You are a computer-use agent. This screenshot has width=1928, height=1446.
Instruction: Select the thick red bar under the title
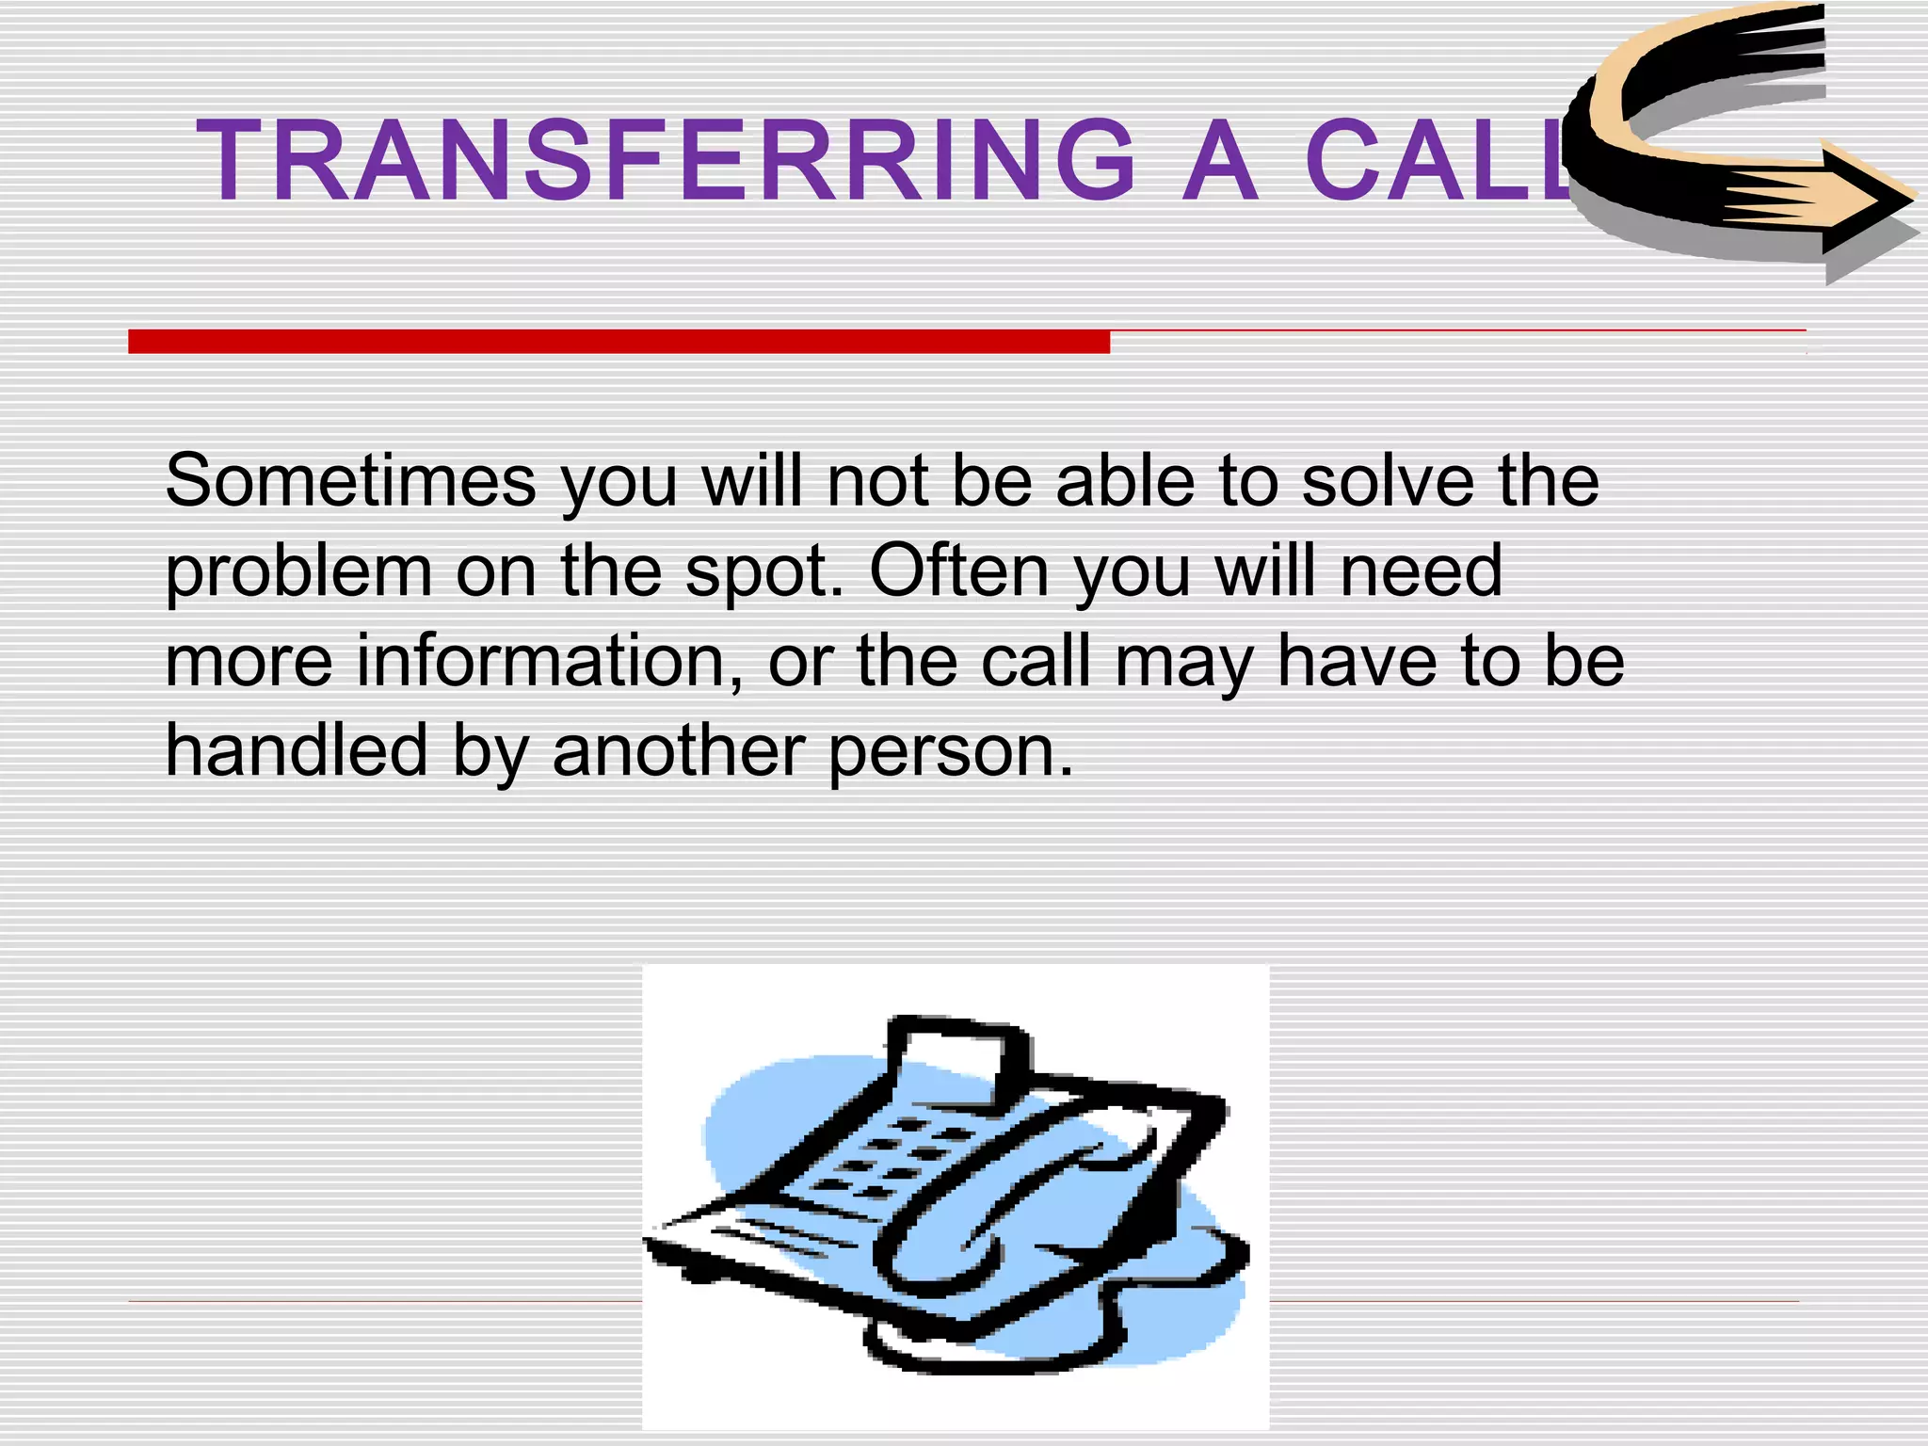[x=619, y=342]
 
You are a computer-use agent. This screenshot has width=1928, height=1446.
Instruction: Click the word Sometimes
[x=350, y=481]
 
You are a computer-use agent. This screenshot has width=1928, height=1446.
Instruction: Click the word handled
[x=297, y=750]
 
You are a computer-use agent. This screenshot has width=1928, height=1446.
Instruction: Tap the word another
[x=679, y=750]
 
